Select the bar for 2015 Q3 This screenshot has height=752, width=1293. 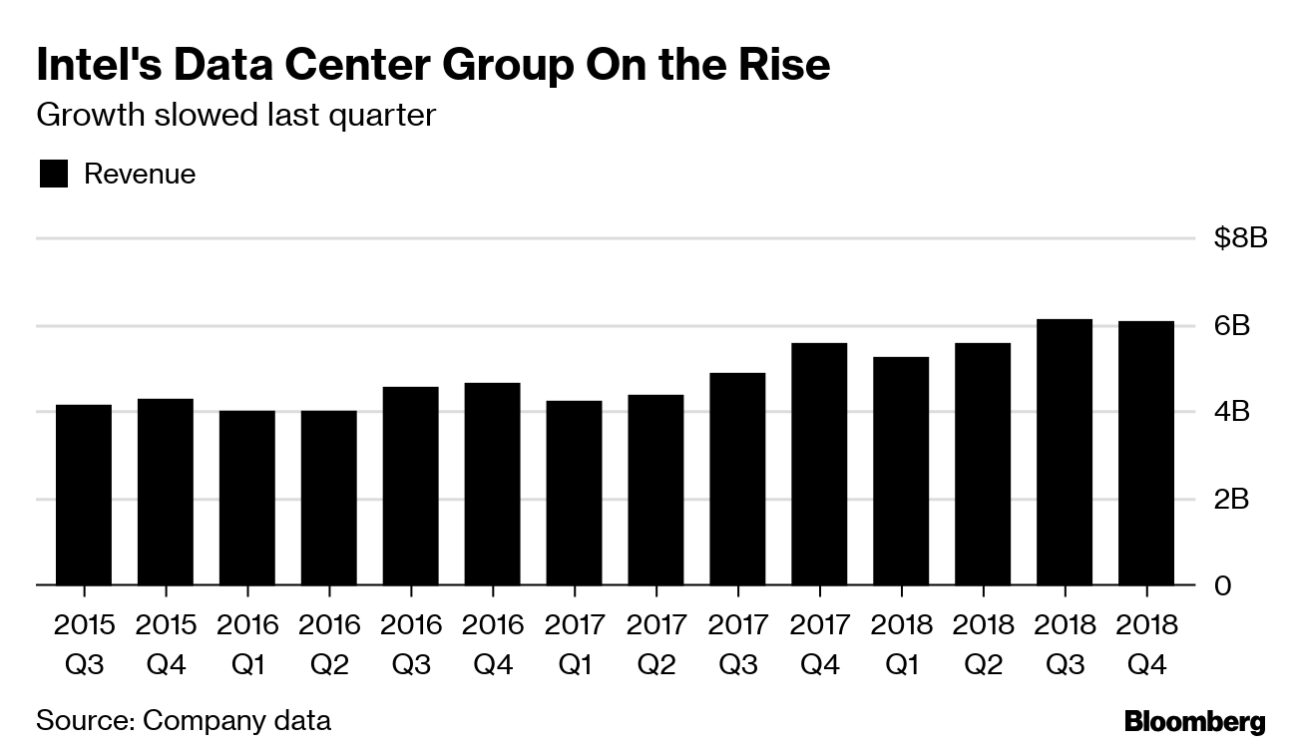pos(84,495)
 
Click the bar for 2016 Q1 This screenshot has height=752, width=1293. pos(247,498)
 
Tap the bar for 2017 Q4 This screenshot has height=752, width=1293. pos(819,464)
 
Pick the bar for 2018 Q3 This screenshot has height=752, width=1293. pos(1065,452)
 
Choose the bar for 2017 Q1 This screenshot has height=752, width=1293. pos(574,493)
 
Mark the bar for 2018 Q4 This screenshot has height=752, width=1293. pos(1146,453)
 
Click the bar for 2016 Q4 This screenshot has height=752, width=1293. pos(492,484)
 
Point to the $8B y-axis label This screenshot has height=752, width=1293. pos(1240,240)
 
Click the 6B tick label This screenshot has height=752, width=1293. pos(1231,326)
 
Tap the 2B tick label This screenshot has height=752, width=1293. pos(1231,499)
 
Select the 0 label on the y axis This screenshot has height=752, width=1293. pos(1222,585)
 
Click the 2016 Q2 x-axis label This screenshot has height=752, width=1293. pos(329,643)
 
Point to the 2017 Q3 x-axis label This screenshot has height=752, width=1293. pos(737,643)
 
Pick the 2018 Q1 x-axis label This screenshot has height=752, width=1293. pos(901,643)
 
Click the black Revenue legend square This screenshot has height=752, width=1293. pos(53,175)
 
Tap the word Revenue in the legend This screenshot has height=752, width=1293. pos(140,175)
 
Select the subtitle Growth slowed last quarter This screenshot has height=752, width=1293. pos(235,115)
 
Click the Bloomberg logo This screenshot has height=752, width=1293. pos(1194,722)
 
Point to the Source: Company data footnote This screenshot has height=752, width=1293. pos(183,719)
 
